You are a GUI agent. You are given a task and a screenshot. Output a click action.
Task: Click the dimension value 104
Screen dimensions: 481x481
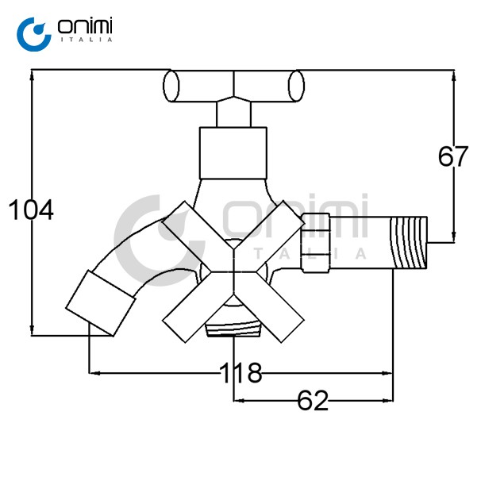[31, 210]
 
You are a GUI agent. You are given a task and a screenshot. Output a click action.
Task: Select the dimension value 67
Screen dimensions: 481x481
[452, 156]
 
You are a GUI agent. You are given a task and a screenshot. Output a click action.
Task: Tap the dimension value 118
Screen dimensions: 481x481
[240, 372]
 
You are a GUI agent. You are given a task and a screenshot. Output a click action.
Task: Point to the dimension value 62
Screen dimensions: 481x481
[313, 401]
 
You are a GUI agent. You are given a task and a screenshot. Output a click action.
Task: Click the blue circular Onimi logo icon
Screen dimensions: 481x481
[34, 34]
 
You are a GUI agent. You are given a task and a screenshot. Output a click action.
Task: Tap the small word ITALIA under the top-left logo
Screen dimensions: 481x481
[87, 40]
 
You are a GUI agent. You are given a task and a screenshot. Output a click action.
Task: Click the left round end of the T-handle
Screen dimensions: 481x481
[171, 86]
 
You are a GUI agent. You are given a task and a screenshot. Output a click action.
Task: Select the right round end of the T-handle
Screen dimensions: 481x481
[296, 86]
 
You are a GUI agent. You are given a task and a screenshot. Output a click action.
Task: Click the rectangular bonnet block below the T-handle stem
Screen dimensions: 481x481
[233, 152]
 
